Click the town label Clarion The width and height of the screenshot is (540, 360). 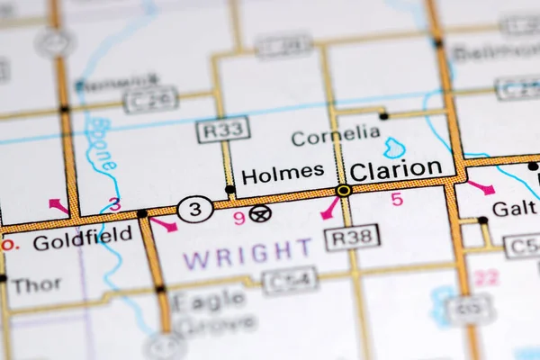[395, 169]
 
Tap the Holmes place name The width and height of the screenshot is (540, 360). [283, 171]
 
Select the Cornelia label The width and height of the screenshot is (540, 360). [336, 135]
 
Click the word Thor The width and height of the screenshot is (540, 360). [37, 285]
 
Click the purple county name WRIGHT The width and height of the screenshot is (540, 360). [247, 255]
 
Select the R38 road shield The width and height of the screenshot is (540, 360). [352, 237]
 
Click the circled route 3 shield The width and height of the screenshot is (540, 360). [194, 210]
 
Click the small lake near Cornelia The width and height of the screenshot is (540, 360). [394, 148]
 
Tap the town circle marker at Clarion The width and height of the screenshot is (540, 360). [344, 191]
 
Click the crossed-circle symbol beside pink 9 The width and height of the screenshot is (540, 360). [260, 213]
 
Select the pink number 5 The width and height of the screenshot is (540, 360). [397, 200]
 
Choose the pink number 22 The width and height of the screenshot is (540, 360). [486, 278]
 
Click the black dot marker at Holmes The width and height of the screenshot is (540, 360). [230, 190]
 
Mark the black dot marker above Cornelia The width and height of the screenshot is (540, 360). [383, 116]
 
